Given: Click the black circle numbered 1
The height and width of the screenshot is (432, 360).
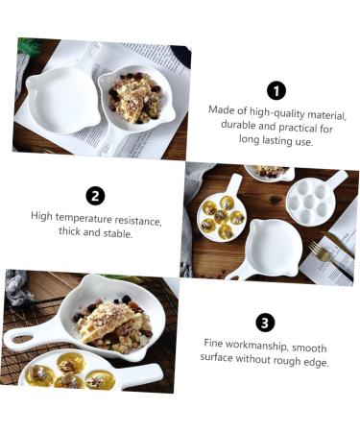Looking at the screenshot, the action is [x=276, y=91].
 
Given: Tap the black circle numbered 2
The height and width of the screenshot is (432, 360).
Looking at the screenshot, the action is [x=95, y=196].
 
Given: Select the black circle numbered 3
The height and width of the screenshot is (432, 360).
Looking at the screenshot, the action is [x=265, y=323].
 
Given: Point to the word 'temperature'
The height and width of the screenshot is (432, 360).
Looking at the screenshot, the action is [x=84, y=219].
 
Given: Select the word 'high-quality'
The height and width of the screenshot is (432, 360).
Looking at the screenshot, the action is [x=273, y=112].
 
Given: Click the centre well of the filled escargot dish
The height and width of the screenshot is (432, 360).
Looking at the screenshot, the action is [x=221, y=217].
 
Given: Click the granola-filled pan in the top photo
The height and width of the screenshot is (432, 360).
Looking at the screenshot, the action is [x=137, y=99].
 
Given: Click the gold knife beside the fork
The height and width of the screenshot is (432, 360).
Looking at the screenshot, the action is [x=339, y=244].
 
